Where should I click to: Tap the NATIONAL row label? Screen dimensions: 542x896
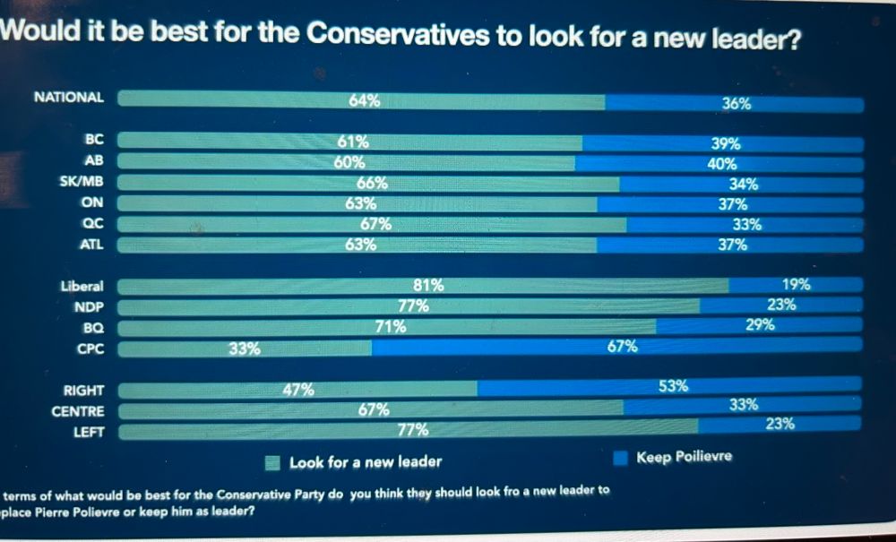coord(68,98)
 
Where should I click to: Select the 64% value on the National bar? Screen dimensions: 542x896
coord(364,100)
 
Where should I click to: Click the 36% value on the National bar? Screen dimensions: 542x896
coord(737,104)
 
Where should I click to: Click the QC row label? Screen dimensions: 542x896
coord(92,224)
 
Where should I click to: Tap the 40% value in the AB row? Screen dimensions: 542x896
coord(722,164)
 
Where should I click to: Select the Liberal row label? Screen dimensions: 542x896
coord(82,287)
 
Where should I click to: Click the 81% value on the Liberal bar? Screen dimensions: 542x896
coord(428,286)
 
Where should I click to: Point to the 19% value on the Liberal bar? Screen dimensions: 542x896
coord(796,285)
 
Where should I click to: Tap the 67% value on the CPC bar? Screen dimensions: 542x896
coord(623,346)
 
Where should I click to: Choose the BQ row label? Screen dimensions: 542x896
coord(93,329)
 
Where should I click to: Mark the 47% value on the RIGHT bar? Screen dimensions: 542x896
coord(298,390)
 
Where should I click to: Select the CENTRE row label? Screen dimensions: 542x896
coord(78,411)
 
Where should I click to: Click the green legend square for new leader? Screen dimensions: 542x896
coord(274,462)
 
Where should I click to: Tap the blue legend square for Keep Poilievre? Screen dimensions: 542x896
coord(619,458)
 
